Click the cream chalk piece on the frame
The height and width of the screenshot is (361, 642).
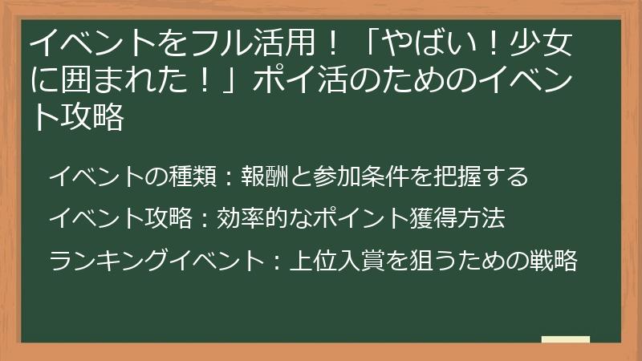click(x=565, y=340)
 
